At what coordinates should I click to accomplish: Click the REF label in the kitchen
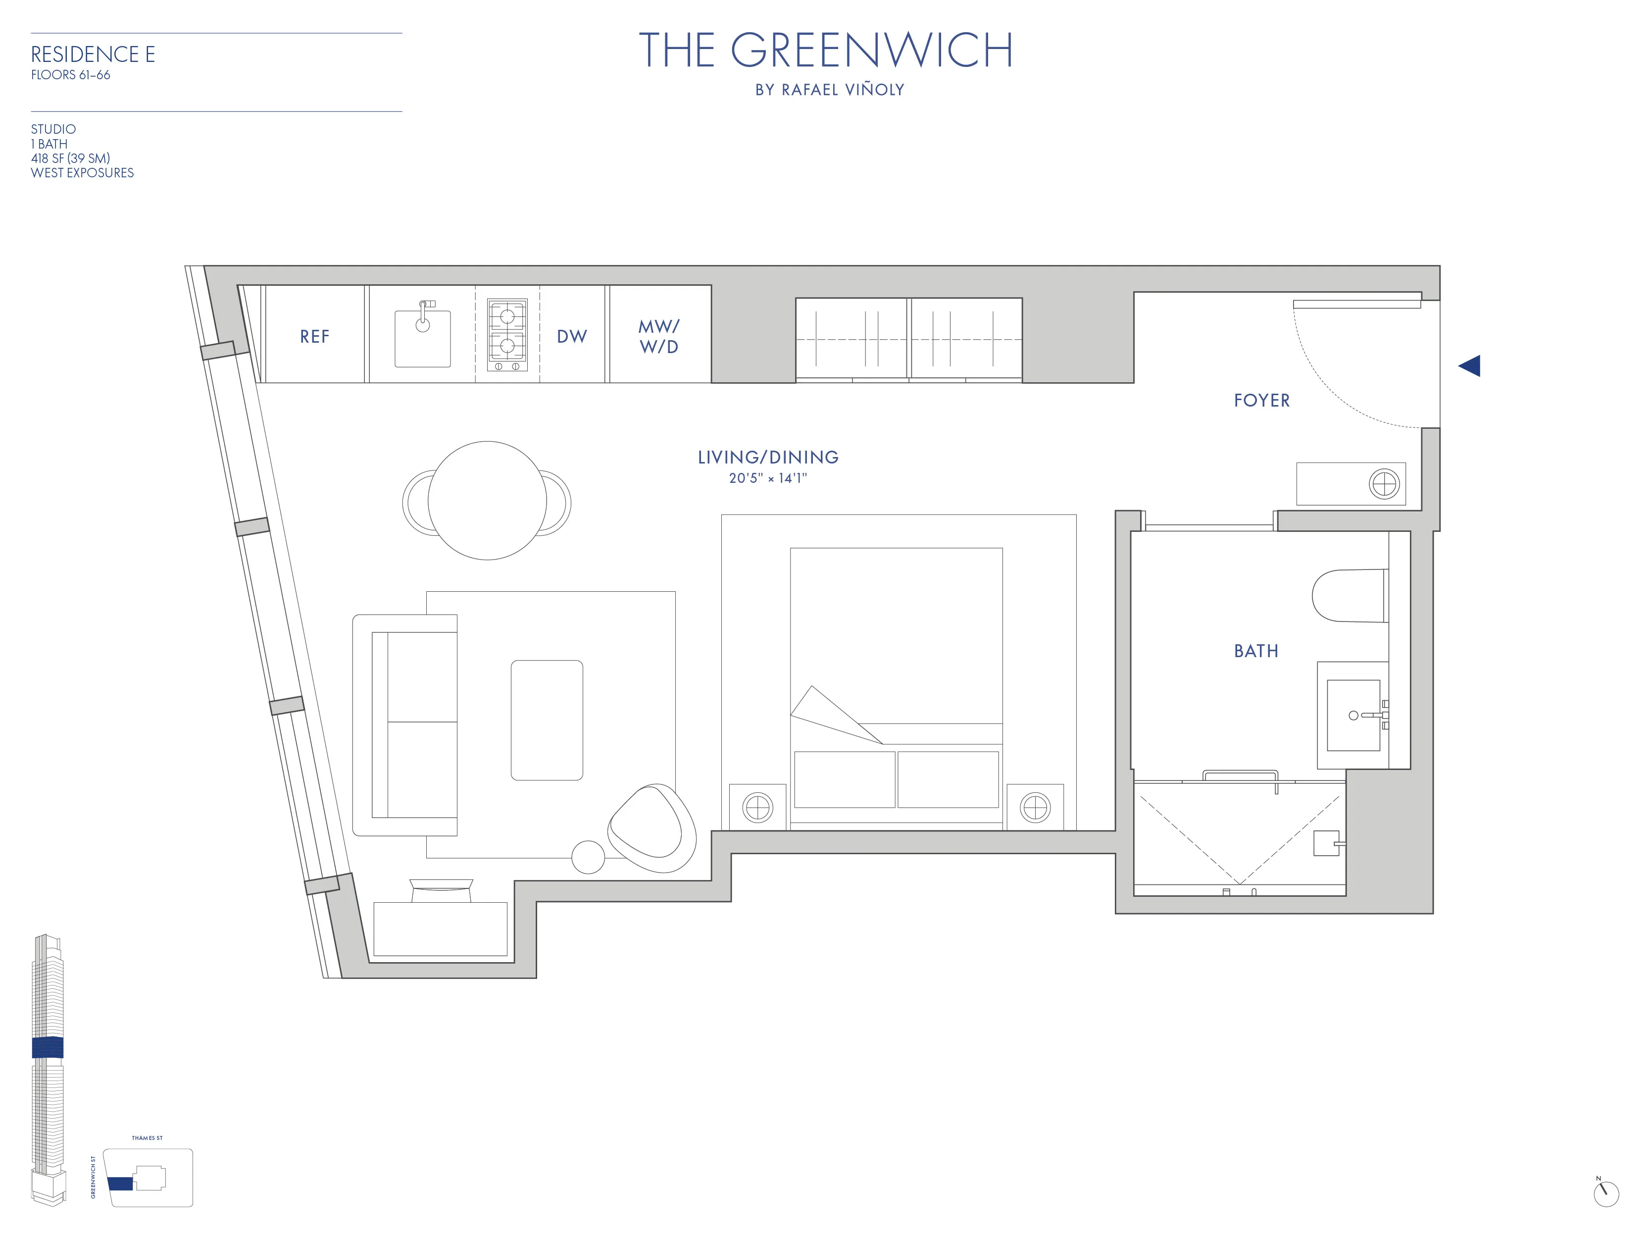point(314,337)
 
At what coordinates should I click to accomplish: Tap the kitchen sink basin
point(422,340)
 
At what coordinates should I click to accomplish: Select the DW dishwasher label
point(571,337)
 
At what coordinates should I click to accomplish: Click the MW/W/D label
point(658,337)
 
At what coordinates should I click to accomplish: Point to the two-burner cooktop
point(507,335)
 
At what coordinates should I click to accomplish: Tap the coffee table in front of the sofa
point(547,720)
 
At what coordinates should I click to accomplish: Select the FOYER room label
point(1261,401)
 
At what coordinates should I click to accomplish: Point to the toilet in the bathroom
point(1349,596)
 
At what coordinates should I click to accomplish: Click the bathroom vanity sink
point(1353,715)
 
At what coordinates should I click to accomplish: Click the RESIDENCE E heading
point(93,54)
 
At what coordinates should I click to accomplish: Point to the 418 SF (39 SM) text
point(70,158)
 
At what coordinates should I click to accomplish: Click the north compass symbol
point(1605,1192)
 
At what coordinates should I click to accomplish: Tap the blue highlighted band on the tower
point(48,1048)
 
